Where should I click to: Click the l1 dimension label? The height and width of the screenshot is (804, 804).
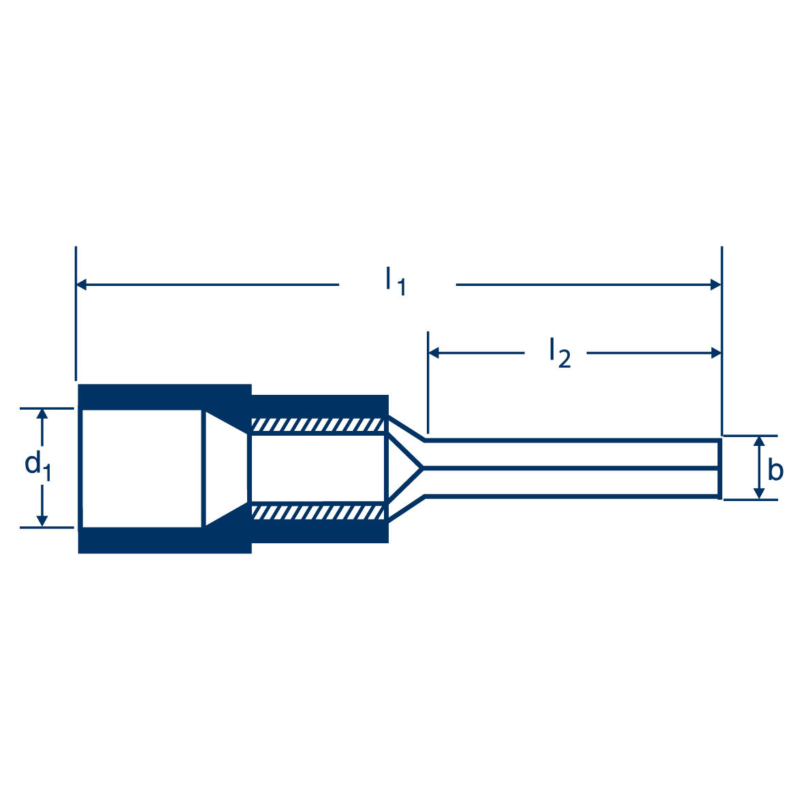pyautogui.click(x=395, y=281)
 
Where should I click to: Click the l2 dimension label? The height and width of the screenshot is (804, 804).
pyautogui.click(x=559, y=352)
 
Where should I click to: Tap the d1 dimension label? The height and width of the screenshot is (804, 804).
pyautogui.click(x=37, y=466)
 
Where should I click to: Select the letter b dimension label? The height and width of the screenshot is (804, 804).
pyautogui.click(x=775, y=470)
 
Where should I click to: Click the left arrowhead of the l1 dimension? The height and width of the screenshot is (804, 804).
pyautogui.click(x=82, y=285)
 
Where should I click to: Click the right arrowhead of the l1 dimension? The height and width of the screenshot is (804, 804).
pyautogui.click(x=715, y=285)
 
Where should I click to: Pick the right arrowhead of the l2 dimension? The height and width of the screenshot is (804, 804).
pyautogui.click(x=715, y=353)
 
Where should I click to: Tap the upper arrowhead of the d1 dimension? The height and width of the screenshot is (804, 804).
pyautogui.click(x=43, y=415)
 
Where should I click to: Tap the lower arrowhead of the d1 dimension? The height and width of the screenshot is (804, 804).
pyautogui.click(x=43, y=521)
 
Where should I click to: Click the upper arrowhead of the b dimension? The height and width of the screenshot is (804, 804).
pyautogui.click(x=757, y=442)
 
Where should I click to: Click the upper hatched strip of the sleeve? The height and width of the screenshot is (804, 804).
pyautogui.click(x=318, y=425)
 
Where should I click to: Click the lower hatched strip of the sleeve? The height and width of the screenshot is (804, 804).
pyautogui.click(x=318, y=512)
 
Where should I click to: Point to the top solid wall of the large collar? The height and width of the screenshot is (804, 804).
pyautogui.click(x=163, y=397)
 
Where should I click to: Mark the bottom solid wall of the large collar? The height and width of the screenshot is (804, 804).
pyautogui.click(x=163, y=540)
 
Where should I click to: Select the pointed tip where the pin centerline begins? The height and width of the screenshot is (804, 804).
pyautogui.click(x=423, y=468)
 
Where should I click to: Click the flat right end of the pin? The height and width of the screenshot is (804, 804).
pyautogui.click(x=720, y=468)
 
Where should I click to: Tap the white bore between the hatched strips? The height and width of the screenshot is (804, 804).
pyautogui.click(x=318, y=468)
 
